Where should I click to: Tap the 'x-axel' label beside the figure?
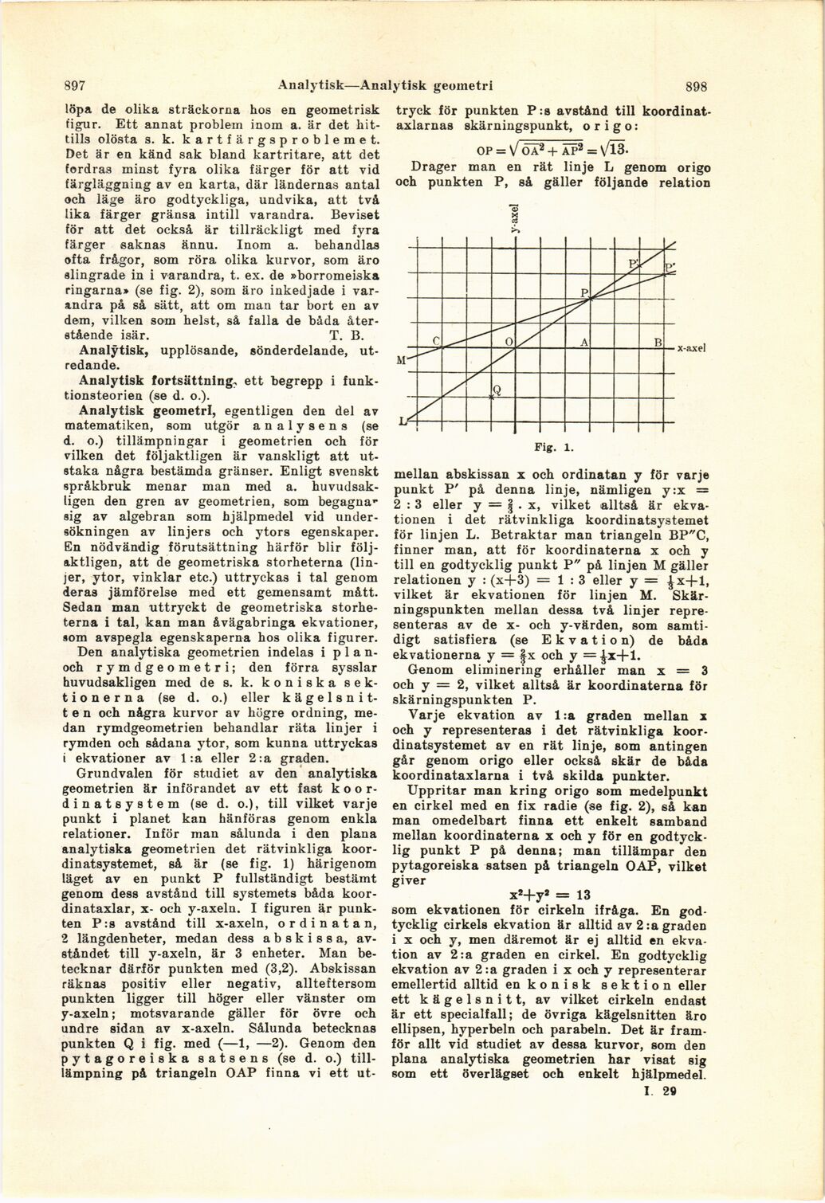(x=693, y=349)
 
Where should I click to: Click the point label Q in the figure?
(x=496, y=390)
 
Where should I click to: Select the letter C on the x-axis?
(x=436, y=341)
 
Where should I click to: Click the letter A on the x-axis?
(x=584, y=341)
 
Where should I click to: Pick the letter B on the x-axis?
(x=658, y=341)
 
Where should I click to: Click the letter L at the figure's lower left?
(x=403, y=420)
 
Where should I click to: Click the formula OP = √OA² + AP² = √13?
(x=549, y=149)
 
